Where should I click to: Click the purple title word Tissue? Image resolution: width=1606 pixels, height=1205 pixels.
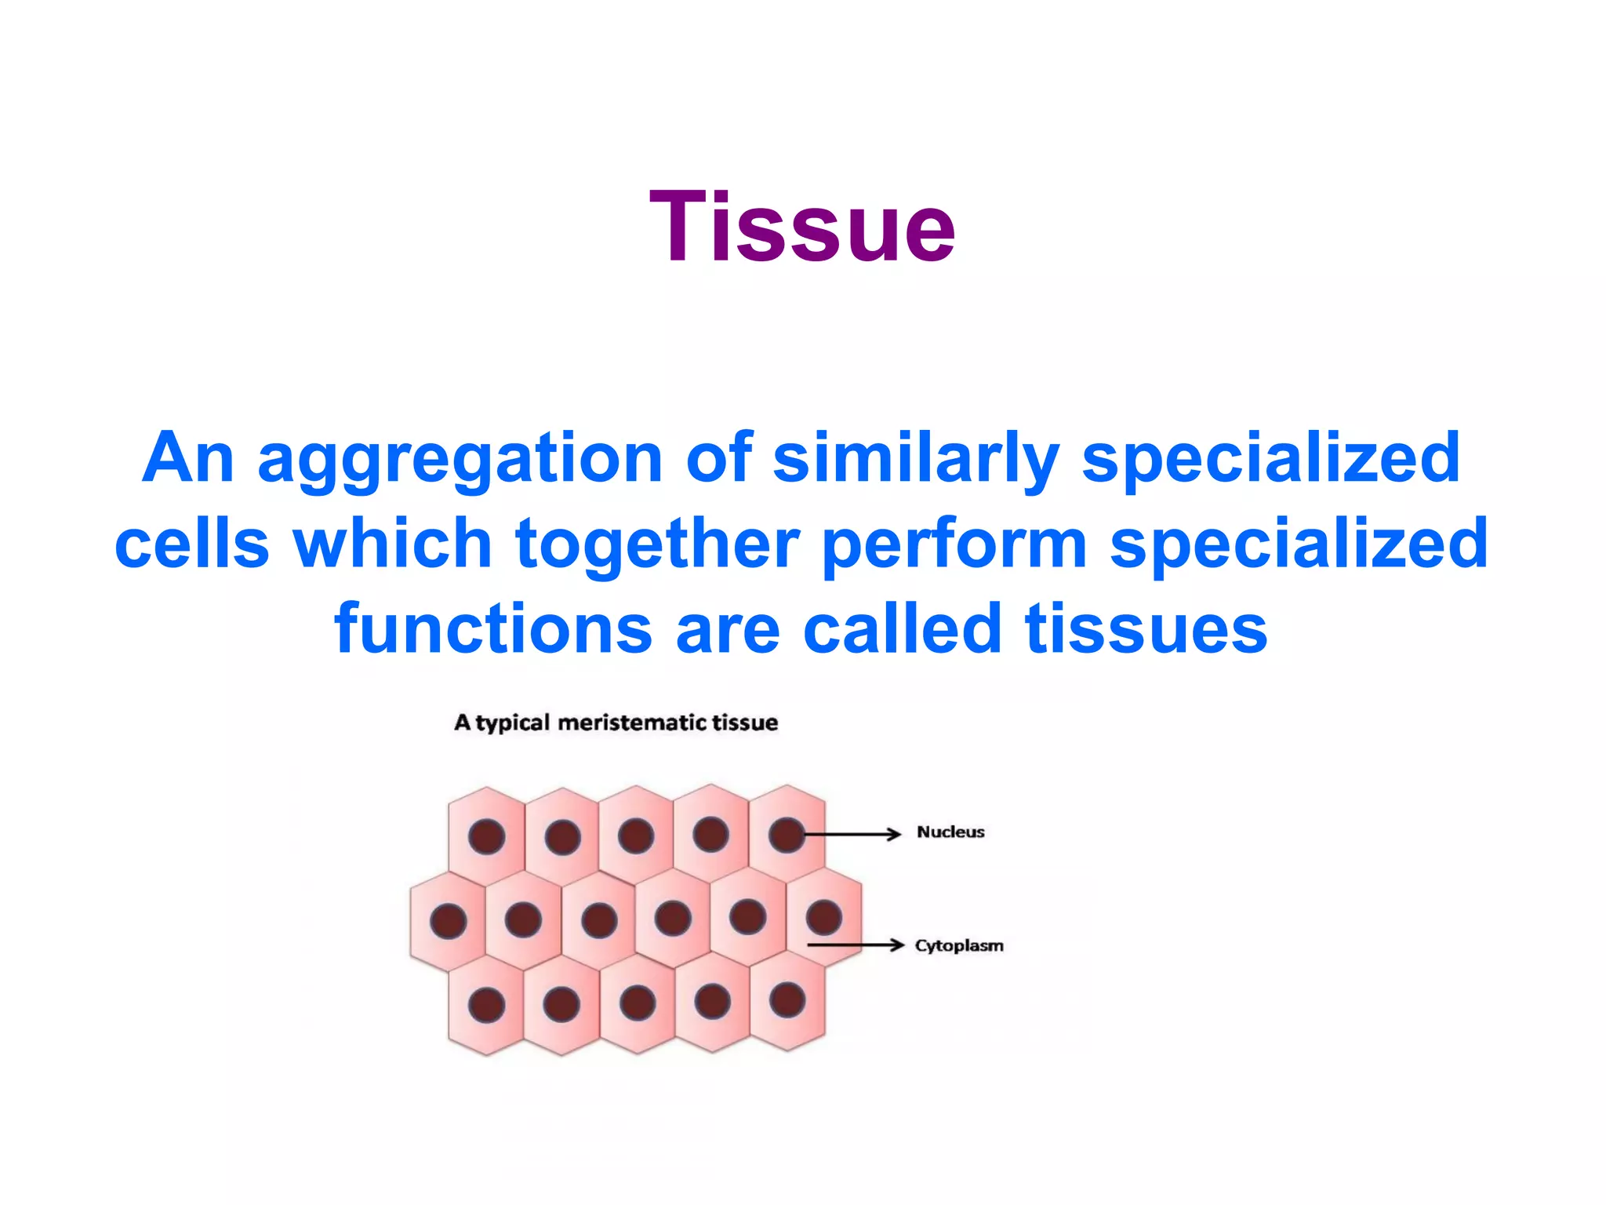pos(802,228)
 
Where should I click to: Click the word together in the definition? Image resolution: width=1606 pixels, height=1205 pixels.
pos(657,544)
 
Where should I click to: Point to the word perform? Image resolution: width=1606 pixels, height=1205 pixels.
pos(954,545)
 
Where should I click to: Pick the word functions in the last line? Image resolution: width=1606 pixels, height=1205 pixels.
pos(493,628)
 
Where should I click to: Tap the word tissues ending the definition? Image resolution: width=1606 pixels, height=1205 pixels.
pos(1146,628)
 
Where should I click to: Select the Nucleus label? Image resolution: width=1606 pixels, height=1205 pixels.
pos(950,832)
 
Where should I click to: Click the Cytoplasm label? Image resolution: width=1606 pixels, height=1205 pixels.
pos(959,945)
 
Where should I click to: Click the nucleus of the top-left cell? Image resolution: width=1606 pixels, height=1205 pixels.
pos(486,836)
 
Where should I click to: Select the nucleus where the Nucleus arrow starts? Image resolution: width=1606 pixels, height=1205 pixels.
pos(786,835)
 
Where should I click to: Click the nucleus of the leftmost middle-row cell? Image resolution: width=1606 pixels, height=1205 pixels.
pos(449,921)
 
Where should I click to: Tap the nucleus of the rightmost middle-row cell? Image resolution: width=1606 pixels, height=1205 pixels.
pos(823,917)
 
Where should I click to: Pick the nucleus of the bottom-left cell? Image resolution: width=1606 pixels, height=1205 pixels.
pos(486,1005)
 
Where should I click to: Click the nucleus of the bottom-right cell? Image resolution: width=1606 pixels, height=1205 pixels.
pos(787,1000)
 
